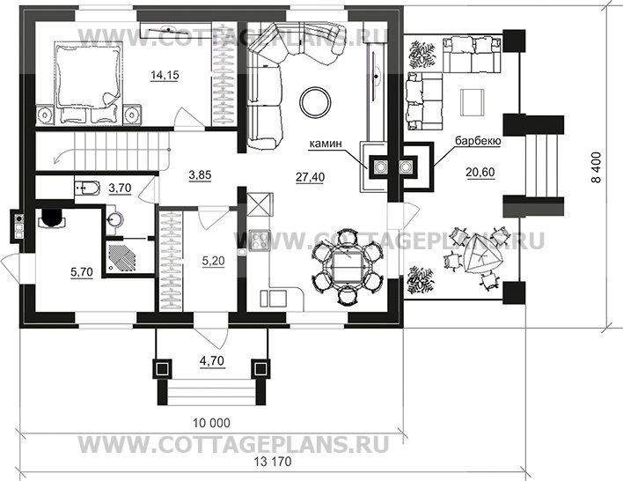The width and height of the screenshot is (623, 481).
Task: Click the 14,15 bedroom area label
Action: point(165,74)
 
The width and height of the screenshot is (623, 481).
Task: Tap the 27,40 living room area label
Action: point(310,177)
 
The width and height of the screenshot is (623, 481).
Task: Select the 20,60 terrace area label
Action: point(480,173)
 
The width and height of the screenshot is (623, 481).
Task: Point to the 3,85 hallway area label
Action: point(200,175)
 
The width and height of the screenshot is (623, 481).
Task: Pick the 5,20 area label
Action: point(213,261)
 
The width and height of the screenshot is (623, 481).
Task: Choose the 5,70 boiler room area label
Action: point(82,272)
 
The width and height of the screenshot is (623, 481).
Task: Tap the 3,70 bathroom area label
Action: point(120,188)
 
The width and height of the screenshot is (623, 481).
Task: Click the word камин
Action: point(326,144)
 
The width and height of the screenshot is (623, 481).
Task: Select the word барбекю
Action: point(478,141)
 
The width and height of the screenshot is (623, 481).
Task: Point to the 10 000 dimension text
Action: point(211,423)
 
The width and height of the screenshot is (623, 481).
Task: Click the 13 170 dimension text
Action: point(273,462)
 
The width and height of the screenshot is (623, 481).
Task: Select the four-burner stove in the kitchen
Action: point(259,240)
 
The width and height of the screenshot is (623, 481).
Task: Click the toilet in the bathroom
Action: point(86,187)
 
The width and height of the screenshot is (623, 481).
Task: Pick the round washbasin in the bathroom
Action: point(115,218)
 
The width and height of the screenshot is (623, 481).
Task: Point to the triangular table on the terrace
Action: point(481,255)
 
